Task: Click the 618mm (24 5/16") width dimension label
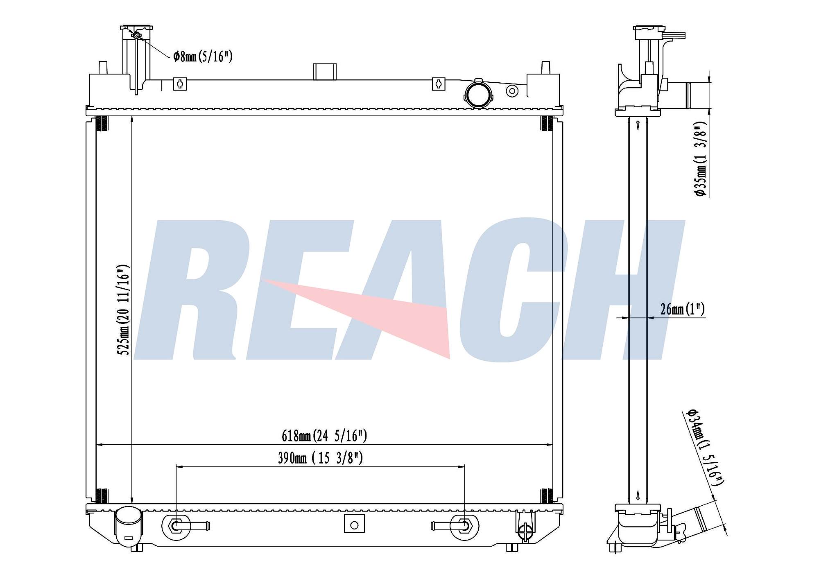click(324, 436)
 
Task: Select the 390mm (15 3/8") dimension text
click(320, 458)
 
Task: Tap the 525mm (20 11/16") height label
click(124, 310)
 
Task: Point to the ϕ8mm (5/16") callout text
click(203, 56)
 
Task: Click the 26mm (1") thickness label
click(682, 309)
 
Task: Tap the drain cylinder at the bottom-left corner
click(128, 527)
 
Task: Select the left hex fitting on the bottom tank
click(176, 526)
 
